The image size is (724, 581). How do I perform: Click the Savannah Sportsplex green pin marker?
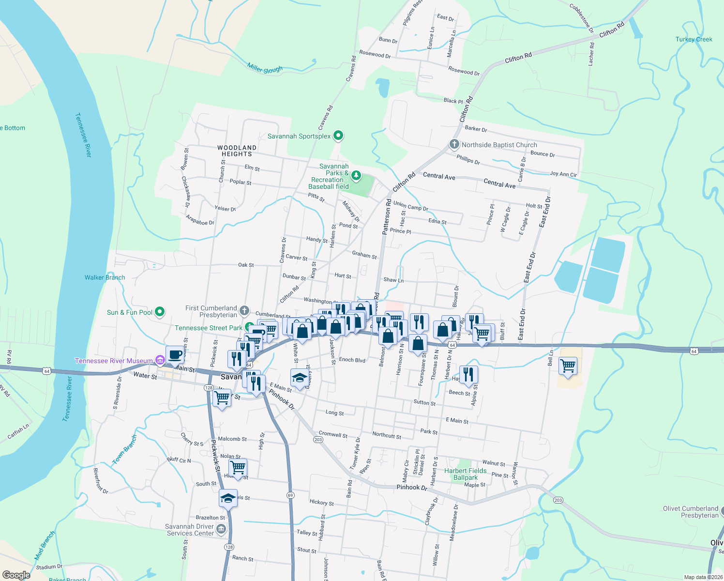[x=338, y=136]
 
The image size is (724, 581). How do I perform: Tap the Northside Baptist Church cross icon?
[x=454, y=144]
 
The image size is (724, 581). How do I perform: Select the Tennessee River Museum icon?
[x=160, y=360]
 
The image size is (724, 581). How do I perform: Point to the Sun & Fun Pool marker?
[x=160, y=312]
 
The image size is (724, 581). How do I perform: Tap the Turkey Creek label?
[x=694, y=39]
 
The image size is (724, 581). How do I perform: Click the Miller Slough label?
[x=265, y=69]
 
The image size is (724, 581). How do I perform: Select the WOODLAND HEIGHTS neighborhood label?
[x=237, y=151]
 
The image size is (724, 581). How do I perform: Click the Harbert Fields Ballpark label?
[x=466, y=474]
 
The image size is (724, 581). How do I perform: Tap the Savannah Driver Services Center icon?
[x=221, y=529]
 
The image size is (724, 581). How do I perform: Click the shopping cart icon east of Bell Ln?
[x=568, y=366]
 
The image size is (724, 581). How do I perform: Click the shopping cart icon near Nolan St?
[x=238, y=468]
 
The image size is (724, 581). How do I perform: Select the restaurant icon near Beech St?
[x=468, y=374]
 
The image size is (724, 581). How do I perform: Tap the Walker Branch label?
[x=105, y=277]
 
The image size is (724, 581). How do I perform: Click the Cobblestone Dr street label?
[x=581, y=18]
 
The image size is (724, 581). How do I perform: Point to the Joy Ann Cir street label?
[x=563, y=174]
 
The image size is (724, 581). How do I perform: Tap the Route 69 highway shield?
[x=290, y=495]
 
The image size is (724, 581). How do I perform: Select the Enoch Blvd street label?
[x=352, y=360]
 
